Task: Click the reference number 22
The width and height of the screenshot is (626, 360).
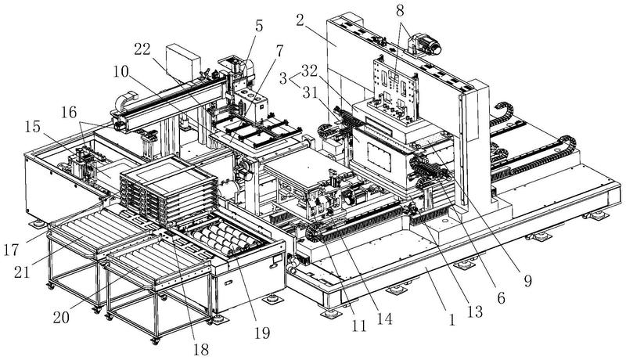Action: point(142,49)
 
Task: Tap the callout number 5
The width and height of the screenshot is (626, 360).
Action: point(259,26)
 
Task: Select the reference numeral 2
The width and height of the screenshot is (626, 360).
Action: point(300,20)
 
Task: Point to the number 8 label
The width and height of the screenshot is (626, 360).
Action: point(400,11)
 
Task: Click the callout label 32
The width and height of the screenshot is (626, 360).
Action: point(310,70)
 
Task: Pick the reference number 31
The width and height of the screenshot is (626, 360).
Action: point(309,93)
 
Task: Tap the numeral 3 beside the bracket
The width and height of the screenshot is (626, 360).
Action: point(283,77)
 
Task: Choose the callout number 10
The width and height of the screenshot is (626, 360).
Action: point(121,72)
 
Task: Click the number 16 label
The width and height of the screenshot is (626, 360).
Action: point(69,113)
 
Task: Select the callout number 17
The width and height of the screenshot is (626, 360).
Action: point(11,250)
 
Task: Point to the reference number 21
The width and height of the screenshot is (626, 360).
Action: point(22,272)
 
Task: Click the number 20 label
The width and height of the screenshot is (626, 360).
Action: point(61,318)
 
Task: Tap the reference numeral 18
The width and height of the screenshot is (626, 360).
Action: point(201,350)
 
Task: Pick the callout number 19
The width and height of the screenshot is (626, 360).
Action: point(262,333)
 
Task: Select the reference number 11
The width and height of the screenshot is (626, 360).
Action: point(359,326)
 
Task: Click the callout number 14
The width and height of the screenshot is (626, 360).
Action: point(384,319)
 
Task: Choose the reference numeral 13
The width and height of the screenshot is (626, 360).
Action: point(475,311)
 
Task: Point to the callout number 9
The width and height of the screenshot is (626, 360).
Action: point(527,281)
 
